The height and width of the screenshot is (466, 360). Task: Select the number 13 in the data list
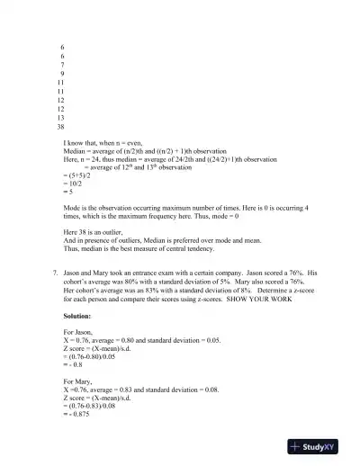[x=61, y=118]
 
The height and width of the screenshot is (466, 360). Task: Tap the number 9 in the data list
[x=61, y=73]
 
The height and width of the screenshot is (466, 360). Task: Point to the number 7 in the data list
[x=61, y=64]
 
